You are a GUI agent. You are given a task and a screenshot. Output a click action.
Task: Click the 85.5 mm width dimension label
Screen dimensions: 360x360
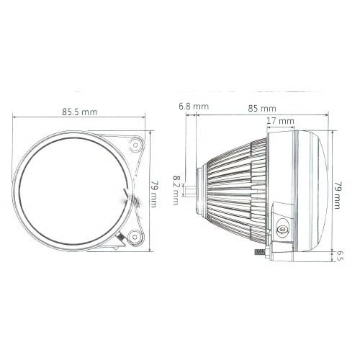79,112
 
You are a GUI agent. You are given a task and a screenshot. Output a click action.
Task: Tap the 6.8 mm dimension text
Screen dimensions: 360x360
193,107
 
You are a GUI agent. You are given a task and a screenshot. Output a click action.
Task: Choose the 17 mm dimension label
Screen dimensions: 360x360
280,121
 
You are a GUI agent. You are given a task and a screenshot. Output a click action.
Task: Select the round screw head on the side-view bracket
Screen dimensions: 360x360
283,229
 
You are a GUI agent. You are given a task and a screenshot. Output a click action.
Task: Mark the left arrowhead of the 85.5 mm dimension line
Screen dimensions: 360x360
15,118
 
